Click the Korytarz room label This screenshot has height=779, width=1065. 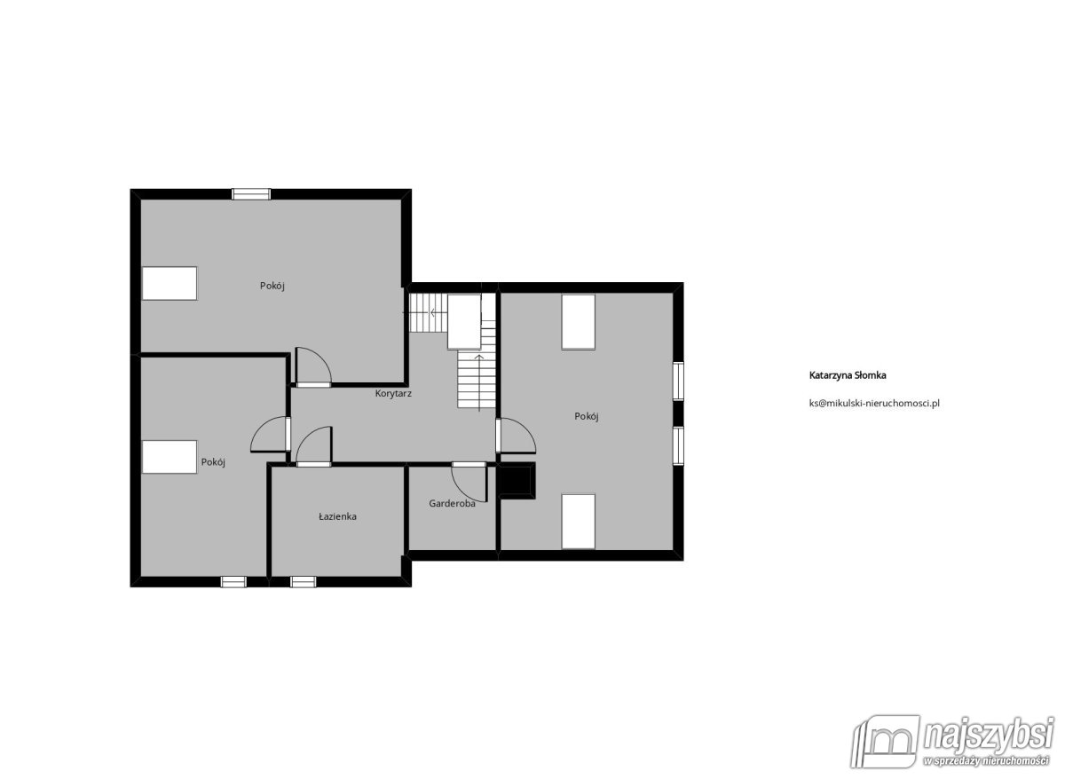click(x=393, y=394)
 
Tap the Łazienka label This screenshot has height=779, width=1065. click(x=337, y=516)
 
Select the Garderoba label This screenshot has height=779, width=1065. click(x=452, y=503)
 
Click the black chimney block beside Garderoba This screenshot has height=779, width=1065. click(x=516, y=481)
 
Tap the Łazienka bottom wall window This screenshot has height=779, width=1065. click(x=303, y=582)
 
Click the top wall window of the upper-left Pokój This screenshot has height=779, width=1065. click(x=251, y=194)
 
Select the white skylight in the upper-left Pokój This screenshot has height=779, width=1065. click(x=170, y=283)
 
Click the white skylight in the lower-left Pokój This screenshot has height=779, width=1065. click(x=170, y=457)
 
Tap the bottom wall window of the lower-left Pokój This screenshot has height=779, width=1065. click(x=233, y=582)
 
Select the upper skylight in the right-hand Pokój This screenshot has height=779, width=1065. click(x=578, y=322)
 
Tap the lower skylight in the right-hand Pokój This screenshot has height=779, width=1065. click(x=578, y=522)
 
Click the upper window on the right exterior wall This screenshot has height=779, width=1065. click(x=678, y=381)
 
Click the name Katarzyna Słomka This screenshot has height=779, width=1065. click(x=848, y=375)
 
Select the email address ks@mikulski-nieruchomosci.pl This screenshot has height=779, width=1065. click(x=874, y=403)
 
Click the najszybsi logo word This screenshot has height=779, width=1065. click(x=987, y=736)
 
